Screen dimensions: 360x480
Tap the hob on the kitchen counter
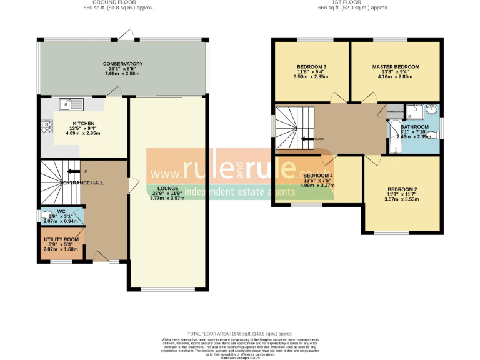(46, 127)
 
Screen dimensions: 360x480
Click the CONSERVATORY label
(123, 64)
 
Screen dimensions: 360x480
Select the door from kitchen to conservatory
(114, 92)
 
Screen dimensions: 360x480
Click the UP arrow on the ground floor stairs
(74, 171)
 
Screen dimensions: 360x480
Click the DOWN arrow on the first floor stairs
(309, 139)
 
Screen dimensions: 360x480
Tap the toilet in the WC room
(46, 216)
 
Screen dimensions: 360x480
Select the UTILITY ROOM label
(61, 239)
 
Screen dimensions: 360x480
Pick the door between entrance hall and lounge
(132, 185)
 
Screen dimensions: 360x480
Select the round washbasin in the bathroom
(432, 111)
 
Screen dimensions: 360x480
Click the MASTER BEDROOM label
(395, 66)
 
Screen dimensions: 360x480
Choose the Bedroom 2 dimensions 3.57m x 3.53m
(402, 199)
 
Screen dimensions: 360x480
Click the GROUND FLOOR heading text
(118, 3)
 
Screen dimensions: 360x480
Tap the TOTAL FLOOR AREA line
(240, 334)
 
